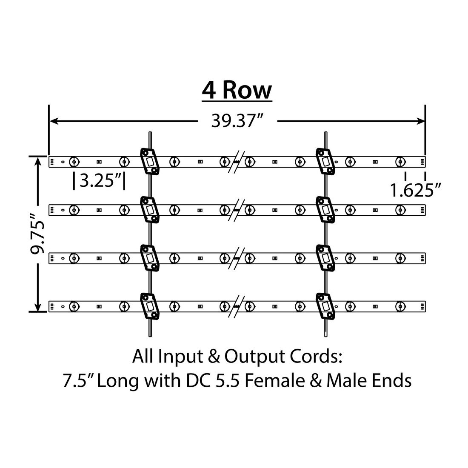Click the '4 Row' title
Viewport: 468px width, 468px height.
[237, 90]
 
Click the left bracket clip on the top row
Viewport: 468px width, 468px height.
[149, 161]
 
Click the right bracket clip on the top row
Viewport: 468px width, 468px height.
[325, 161]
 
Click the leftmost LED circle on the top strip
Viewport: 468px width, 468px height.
[74, 162]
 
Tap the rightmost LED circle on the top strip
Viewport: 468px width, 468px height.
[400, 162]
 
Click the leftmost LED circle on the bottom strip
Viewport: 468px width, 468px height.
[74, 306]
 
